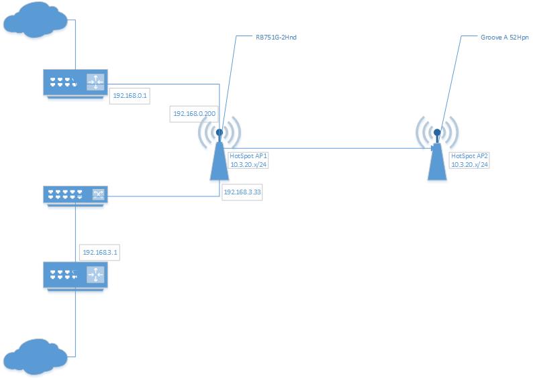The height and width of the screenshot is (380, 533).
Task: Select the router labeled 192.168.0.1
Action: [x=75, y=84]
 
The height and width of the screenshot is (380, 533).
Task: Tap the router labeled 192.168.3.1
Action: [x=75, y=273]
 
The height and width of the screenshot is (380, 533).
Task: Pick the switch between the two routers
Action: [x=75, y=195]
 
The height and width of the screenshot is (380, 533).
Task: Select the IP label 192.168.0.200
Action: [x=194, y=114]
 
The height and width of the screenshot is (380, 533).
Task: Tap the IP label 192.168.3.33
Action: [x=242, y=192]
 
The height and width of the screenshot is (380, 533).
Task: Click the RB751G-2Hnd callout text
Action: [x=277, y=38]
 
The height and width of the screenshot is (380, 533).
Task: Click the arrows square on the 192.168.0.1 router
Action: [x=96, y=82]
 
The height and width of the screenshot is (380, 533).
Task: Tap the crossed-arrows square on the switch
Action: [x=97, y=195]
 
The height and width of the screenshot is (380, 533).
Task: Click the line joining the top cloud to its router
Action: [x=75, y=47]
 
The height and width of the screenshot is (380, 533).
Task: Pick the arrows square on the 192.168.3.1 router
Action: [x=95, y=273]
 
